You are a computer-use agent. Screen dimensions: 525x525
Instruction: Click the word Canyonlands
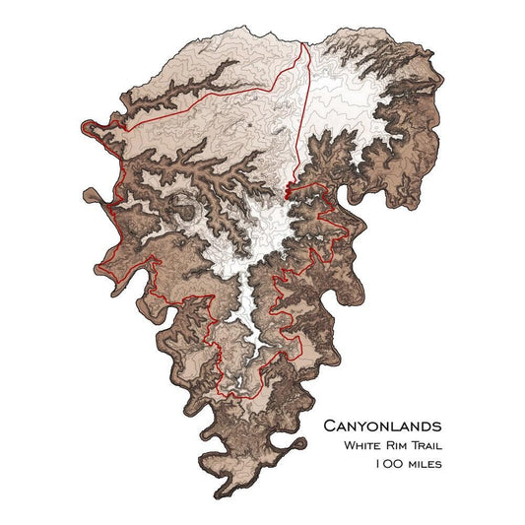pos(382,426)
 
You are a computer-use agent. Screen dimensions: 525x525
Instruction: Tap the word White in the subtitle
pos(364,445)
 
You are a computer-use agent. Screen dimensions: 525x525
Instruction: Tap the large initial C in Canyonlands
pos(330,426)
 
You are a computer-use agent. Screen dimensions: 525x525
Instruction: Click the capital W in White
pos(349,445)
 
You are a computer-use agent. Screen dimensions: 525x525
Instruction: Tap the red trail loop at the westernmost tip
pos(89,126)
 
